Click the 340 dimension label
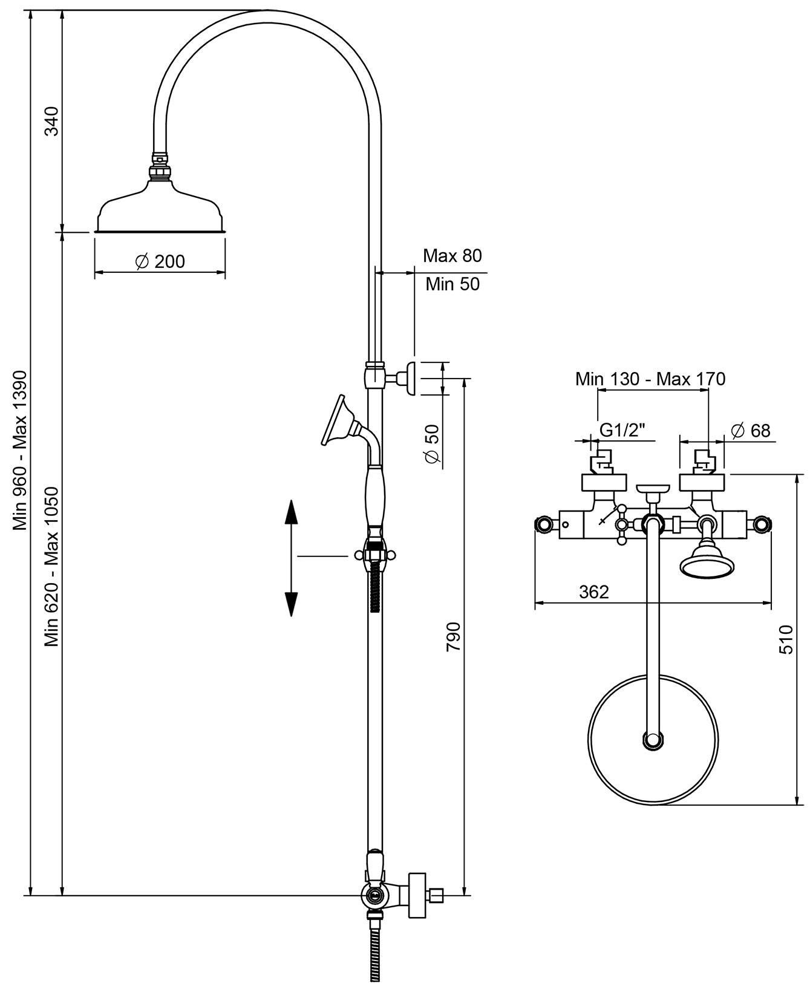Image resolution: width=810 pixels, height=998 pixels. point(53,120)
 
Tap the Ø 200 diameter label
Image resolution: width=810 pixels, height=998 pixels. point(160,262)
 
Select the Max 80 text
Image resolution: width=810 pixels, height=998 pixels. point(452,256)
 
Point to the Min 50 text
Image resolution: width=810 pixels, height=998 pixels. point(452,284)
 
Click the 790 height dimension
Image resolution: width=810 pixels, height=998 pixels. point(453,636)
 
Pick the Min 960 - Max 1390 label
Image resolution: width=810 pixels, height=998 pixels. point(21,451)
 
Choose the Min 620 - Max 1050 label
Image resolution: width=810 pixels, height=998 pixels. point(53,566)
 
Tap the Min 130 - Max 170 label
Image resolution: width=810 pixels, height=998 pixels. point(650,379)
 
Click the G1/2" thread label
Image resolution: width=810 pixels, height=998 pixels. point(622,430)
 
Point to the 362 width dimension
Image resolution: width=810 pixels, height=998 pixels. point(593,592)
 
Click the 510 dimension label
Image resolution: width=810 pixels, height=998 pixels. point(785,640)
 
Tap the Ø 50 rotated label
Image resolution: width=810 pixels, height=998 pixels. point(432,445)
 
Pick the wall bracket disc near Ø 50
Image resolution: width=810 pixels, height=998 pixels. point(412,378)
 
